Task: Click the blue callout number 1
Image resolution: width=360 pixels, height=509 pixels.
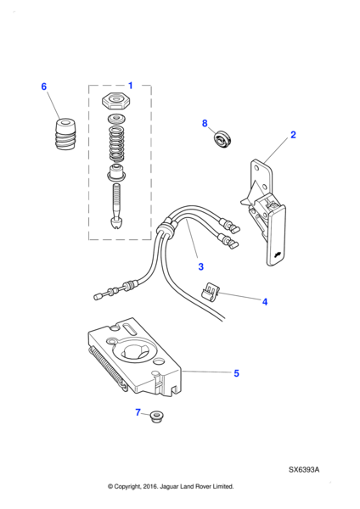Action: coord(130,86)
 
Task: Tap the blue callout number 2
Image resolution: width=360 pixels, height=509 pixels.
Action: coord(293,135)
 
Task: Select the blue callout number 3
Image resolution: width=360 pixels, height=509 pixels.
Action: coord(200,266)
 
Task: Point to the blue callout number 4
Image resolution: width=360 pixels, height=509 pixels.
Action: coord(265,302)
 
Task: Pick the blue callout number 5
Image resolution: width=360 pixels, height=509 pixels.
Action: coord(237,373)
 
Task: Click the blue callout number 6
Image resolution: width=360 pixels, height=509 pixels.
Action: coord(44,87)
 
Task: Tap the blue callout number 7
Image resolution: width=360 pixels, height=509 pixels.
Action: coord(138,412)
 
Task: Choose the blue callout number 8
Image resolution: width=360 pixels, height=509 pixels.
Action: coord(205,123)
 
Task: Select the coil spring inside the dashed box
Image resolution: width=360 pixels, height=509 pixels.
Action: coord(117,144)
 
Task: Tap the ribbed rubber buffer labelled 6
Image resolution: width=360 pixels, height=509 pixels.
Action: coord(65,134)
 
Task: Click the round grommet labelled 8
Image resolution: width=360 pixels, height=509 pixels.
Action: coord(222,140)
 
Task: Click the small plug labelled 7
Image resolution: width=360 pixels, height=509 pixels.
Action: coord(157,417)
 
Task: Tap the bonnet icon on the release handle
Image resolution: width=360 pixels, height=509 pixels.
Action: coord(277,255)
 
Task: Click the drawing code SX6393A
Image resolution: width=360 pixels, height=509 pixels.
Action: coord(304,470)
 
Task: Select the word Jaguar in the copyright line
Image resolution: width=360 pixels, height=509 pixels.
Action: coord(169,487)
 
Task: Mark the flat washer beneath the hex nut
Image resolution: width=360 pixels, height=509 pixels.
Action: coord(116,119)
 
